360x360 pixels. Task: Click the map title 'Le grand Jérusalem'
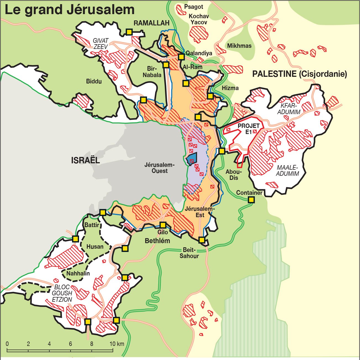pos(70,10)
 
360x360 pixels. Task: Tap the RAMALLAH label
pos(151,23)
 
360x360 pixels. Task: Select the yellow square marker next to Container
pos(251,200)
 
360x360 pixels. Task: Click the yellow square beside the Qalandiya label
pos(181,57)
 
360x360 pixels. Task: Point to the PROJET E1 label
pos(249,129)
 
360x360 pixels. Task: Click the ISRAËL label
pos(85,160)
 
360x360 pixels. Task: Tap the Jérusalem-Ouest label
pos(159,168)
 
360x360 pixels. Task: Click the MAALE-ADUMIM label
pos(287,170)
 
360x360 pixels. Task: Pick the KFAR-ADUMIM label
pos(290,109)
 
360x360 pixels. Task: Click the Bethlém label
pos(157,241)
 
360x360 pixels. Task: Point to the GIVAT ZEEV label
pos(101,44)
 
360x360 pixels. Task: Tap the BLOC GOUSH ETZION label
pos(62,293)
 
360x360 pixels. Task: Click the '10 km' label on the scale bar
pos(117,344)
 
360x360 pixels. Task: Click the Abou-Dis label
pos(233,175)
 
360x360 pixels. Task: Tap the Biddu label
pos(94,82)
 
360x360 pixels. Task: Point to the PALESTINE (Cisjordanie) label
pos(299,74)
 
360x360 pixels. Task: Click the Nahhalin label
pos(78,273)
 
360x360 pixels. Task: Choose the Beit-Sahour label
pos(189,253)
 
